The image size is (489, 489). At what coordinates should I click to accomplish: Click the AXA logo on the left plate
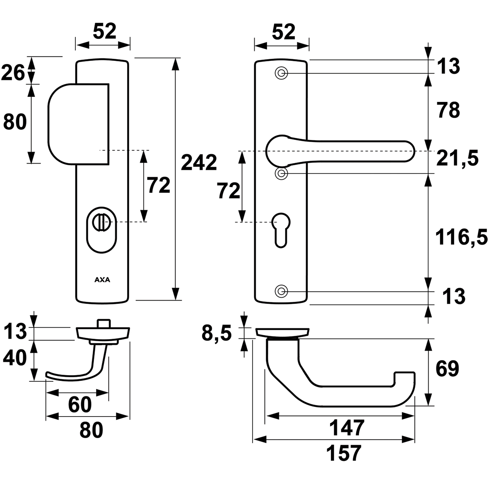(x=102, y=280)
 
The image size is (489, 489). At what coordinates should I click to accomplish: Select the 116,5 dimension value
(x=461, y=237)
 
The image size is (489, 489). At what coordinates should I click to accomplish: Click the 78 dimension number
(x=448, y=110)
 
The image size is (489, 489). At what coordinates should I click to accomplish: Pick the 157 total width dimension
(x=343, y=453)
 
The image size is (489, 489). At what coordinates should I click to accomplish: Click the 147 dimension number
(x=347, y=428)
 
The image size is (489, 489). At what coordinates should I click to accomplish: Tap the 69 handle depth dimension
(x=448, y=369)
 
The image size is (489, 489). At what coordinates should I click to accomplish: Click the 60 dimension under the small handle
(x=80, y=405)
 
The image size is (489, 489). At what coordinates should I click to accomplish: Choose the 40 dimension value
(x=14, y=358)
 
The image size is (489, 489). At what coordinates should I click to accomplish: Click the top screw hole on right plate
(x=281, y=74)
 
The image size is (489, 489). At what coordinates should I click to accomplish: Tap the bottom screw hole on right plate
(x=281, y=291)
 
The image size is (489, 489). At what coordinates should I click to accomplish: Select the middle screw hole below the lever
(x=281, y=173)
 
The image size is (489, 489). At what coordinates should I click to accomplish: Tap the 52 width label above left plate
(x=104, y=32)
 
